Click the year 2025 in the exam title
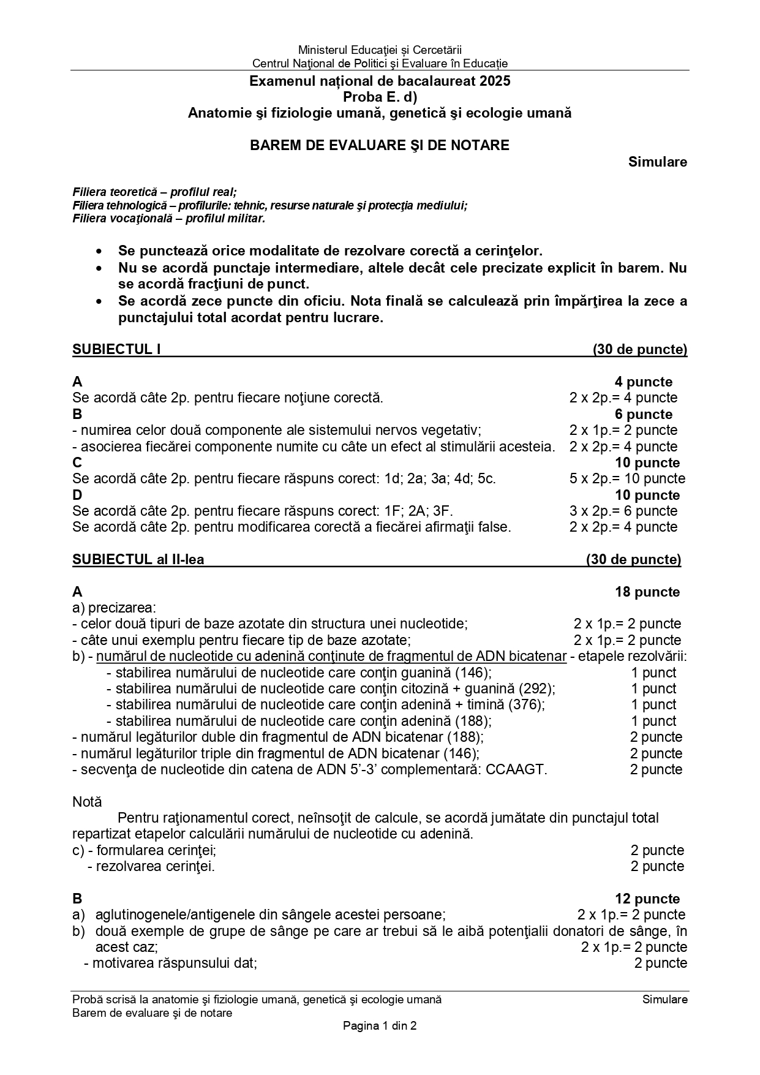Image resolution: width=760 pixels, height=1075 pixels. tap(495, 81)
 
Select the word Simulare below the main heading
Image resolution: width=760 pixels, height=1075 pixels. tap(657, 162)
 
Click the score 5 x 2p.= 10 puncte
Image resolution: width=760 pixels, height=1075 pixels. tap(627, 478)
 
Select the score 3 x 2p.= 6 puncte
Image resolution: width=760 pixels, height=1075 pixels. tap(623, 511)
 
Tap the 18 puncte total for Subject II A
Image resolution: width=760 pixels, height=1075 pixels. tap(647, 592)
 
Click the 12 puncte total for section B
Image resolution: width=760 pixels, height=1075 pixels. tap(647, 899)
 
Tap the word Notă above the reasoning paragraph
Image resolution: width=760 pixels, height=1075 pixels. tap(87, 802)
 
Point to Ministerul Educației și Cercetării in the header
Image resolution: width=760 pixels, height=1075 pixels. tap(380, 50)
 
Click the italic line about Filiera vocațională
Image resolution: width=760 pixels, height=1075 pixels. tap(168, 218)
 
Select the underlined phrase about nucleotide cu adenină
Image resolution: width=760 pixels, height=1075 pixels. tap(331, 656)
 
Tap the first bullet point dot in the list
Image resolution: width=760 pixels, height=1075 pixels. tap(99, 252)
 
